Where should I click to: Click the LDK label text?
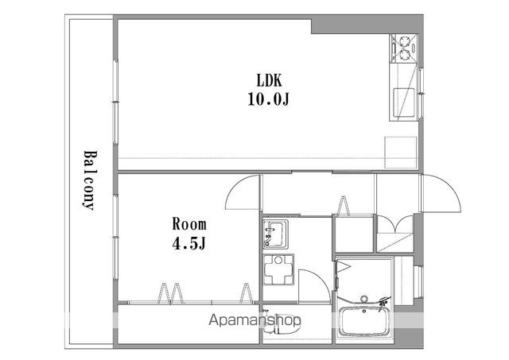(269, 80)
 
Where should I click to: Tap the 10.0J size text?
(269, 99)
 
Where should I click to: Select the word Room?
(189, 224)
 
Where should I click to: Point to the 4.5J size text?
(189, 243)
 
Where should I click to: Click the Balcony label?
(88, 180)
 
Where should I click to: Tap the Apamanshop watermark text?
(254, 320)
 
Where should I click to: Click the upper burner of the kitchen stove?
(405, 42)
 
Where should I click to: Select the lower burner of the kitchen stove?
(405, 55)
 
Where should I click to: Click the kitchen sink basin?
(404, 103)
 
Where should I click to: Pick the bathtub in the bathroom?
(364, 321)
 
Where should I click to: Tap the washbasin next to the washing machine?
(275, 234)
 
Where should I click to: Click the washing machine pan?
(278, 270)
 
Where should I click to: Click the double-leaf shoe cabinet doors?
(395, 224)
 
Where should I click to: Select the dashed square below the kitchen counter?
(401, 153)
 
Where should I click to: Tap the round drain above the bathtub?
(364, 298)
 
